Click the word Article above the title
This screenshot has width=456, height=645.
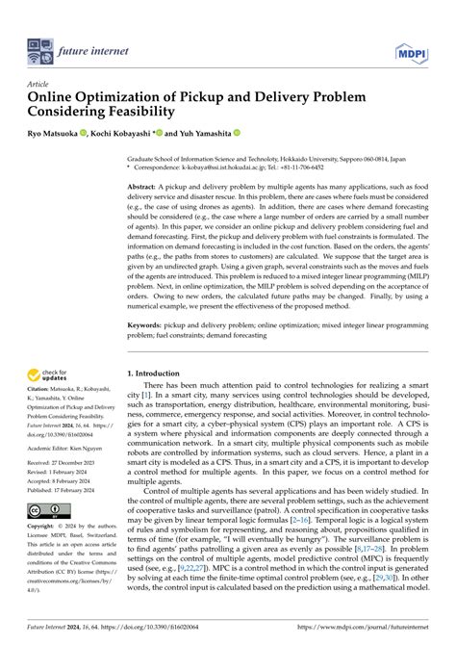39,84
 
